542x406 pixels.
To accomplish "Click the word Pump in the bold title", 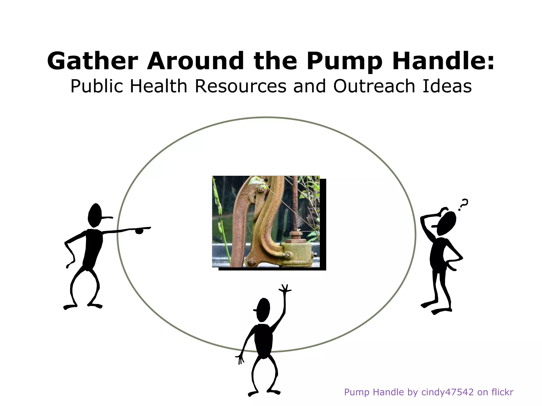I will [344, 61].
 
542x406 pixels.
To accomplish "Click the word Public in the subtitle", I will [97, 87].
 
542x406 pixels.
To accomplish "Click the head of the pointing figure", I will [95, 215].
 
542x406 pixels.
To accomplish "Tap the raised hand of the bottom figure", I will [285, 288].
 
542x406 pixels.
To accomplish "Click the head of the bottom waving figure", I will [264, 310].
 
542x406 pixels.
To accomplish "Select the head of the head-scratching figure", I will [447, 223].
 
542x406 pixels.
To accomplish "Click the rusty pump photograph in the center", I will [266, 222].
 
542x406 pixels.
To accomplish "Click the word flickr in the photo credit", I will [502, 392].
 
